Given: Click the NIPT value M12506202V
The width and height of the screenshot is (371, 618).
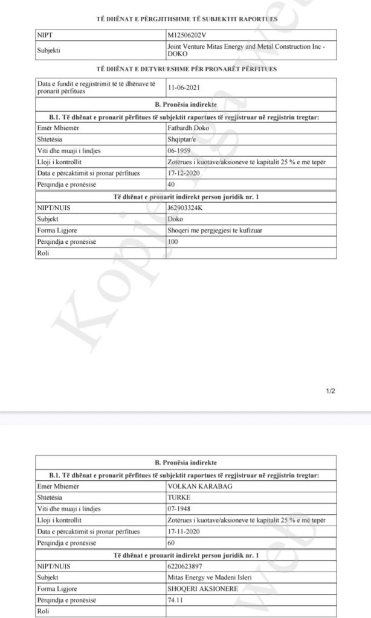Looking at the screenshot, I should [x=186, y=36].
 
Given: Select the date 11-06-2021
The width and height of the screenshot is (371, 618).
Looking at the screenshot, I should [x=184, y=86].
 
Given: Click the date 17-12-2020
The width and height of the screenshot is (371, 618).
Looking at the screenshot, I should [x=184, y=173].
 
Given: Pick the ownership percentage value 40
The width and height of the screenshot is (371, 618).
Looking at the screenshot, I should [x=172, y=185].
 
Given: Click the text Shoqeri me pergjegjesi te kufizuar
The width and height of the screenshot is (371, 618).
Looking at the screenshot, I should [x=209, y=230].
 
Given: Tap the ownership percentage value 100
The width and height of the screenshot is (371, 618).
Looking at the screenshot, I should [x=174, y=241].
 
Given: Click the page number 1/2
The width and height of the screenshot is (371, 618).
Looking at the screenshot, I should [x=331, y=391].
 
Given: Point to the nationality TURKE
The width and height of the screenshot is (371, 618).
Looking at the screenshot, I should [x=180, y=497].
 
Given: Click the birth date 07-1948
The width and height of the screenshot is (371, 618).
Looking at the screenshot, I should [x=180, y=509].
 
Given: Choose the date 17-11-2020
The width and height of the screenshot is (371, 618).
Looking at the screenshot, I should [x=184, y=531].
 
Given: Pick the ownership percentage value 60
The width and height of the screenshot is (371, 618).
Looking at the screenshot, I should [x=172, y=543].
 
